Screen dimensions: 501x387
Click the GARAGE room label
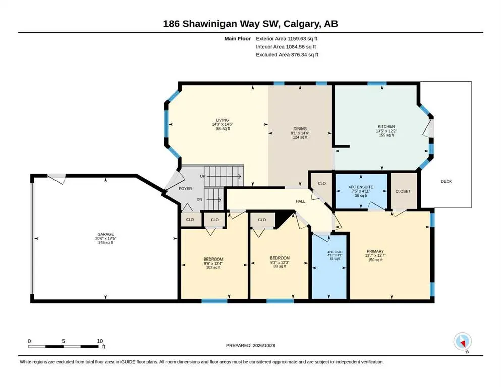click(x=105, y=234)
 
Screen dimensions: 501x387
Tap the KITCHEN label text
click(x=386, y=126)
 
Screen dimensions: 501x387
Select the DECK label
click(x=446, y=181)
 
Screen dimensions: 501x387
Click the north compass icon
click(x=462, y=342)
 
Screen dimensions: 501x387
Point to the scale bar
click(x=63, y=346)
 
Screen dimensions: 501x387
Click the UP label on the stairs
click(x=203, y=176)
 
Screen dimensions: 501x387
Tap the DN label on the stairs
click(x=199, y=199)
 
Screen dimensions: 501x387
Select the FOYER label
click(x=185, y=189)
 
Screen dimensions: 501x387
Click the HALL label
click(x=300, y=201)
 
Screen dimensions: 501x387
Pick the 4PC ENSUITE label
click(x=361, y=187)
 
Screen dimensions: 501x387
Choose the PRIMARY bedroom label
click(x=375, y=251)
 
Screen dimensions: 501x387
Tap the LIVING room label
click(x=222, y=120)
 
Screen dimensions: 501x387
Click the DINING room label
click(x=300, y=128)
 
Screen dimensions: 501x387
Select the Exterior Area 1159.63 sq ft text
click(x=286, y=39)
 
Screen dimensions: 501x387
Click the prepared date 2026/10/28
click(x=264, y=345)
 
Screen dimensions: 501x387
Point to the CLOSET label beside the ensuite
click(x=403, y=191)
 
